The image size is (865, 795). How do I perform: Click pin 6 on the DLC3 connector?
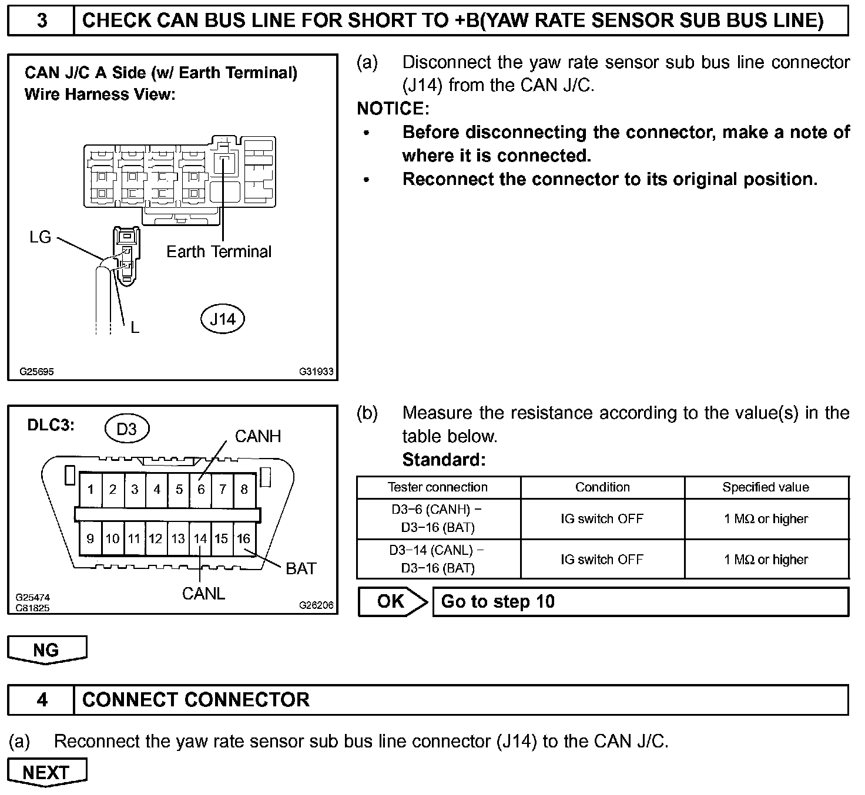201,489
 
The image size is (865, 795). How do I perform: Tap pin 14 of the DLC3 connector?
200,538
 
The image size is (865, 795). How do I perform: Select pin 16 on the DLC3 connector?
244,538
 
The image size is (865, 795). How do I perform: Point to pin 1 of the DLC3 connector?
90,489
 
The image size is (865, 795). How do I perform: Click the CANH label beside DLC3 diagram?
257,436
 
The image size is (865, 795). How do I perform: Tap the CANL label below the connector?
203,594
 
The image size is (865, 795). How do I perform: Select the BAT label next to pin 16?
300,568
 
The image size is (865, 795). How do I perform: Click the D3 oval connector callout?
126,429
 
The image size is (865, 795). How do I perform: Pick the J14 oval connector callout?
223,319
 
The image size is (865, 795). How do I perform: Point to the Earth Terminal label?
219,252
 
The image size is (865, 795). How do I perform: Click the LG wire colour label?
41,237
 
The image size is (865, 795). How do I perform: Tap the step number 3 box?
42,21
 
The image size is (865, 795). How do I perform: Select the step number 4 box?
42,700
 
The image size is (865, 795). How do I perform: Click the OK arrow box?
393,601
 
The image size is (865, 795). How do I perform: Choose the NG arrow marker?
46,649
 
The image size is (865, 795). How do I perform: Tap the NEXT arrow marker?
46,772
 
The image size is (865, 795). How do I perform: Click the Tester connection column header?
438,487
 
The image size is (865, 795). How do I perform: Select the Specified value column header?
766,487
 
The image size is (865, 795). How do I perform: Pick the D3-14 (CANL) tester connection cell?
438,559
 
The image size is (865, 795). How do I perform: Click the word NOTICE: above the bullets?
393,109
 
